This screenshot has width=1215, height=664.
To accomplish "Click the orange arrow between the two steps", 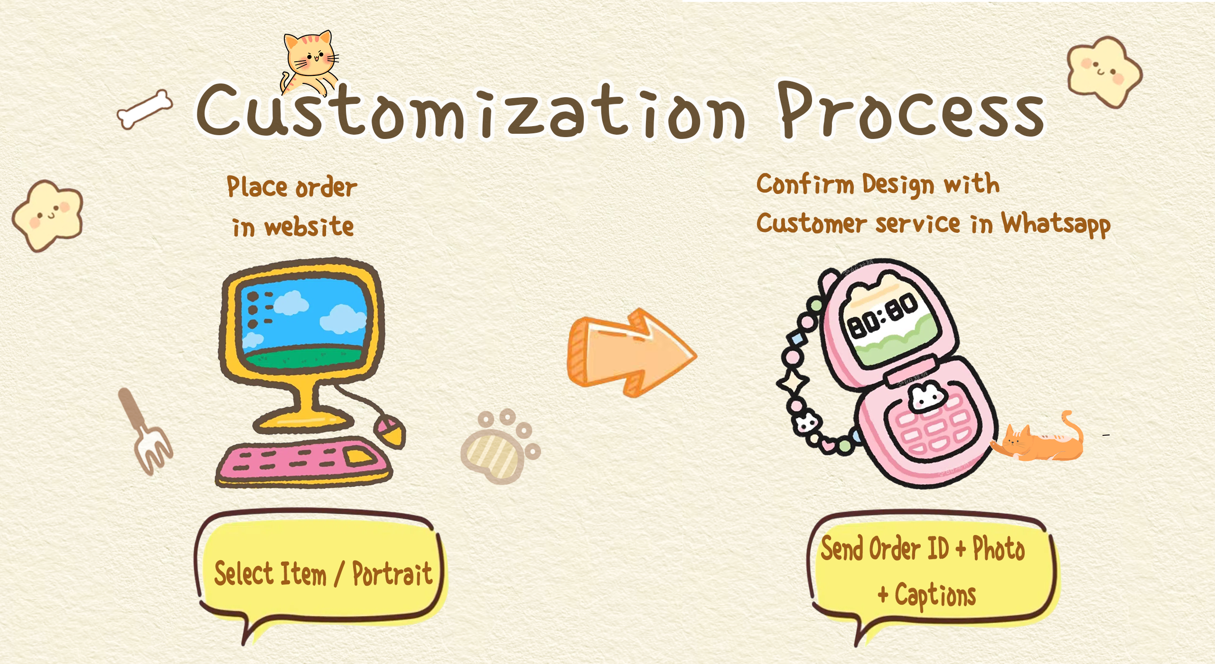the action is pyautogui.click(x=631, y=353).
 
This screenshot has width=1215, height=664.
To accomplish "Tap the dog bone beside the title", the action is pyautogui.click(x=145, y=110).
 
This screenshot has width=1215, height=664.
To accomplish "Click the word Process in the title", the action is pyautogui.click(x=911, y=111).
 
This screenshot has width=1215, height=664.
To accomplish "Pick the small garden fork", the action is pyautogui.click(x=145, y=432).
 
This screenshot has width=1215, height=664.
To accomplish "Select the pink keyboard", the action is pyautogui.click(x=304, y=462).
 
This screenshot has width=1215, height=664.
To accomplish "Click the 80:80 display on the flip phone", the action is pyautogui.click(x=883, y=315).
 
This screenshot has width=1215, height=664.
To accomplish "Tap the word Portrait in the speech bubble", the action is pyautogui.click(x=392, y=574).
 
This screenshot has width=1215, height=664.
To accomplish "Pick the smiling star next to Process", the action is pyautogui.click(x=1105, y=72).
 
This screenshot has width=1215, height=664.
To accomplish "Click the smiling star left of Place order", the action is pyautogui.click(x=47, y=216).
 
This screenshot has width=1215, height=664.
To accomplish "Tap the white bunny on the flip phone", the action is pyautogui.click(x=925, y=397).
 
